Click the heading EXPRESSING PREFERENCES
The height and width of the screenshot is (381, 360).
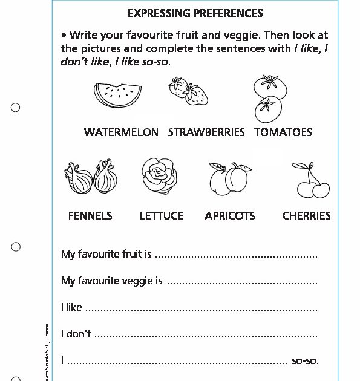click(195, 13)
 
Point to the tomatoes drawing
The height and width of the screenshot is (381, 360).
click(268, 99)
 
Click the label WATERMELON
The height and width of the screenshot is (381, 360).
click(121, 132)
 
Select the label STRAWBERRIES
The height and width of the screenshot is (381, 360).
click(206, 132)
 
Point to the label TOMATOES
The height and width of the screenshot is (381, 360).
click(283, 132)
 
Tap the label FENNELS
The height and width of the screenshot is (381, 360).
click(90, 215)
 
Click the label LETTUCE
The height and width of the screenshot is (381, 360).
click(162, 215)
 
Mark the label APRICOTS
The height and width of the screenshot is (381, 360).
click(229, 215)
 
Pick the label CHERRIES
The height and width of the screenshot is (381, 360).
click(307, 215)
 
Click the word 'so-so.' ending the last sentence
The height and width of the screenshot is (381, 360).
click(305, 361)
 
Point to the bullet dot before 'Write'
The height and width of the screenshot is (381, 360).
click(64, 35)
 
